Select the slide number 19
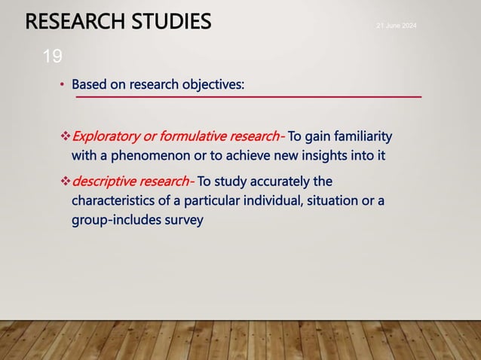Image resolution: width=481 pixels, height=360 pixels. click(x=53, y=56)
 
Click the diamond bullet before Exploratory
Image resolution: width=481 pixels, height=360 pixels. click(x=65, y=137)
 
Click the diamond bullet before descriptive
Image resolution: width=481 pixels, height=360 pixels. click(x=65, y=182)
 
